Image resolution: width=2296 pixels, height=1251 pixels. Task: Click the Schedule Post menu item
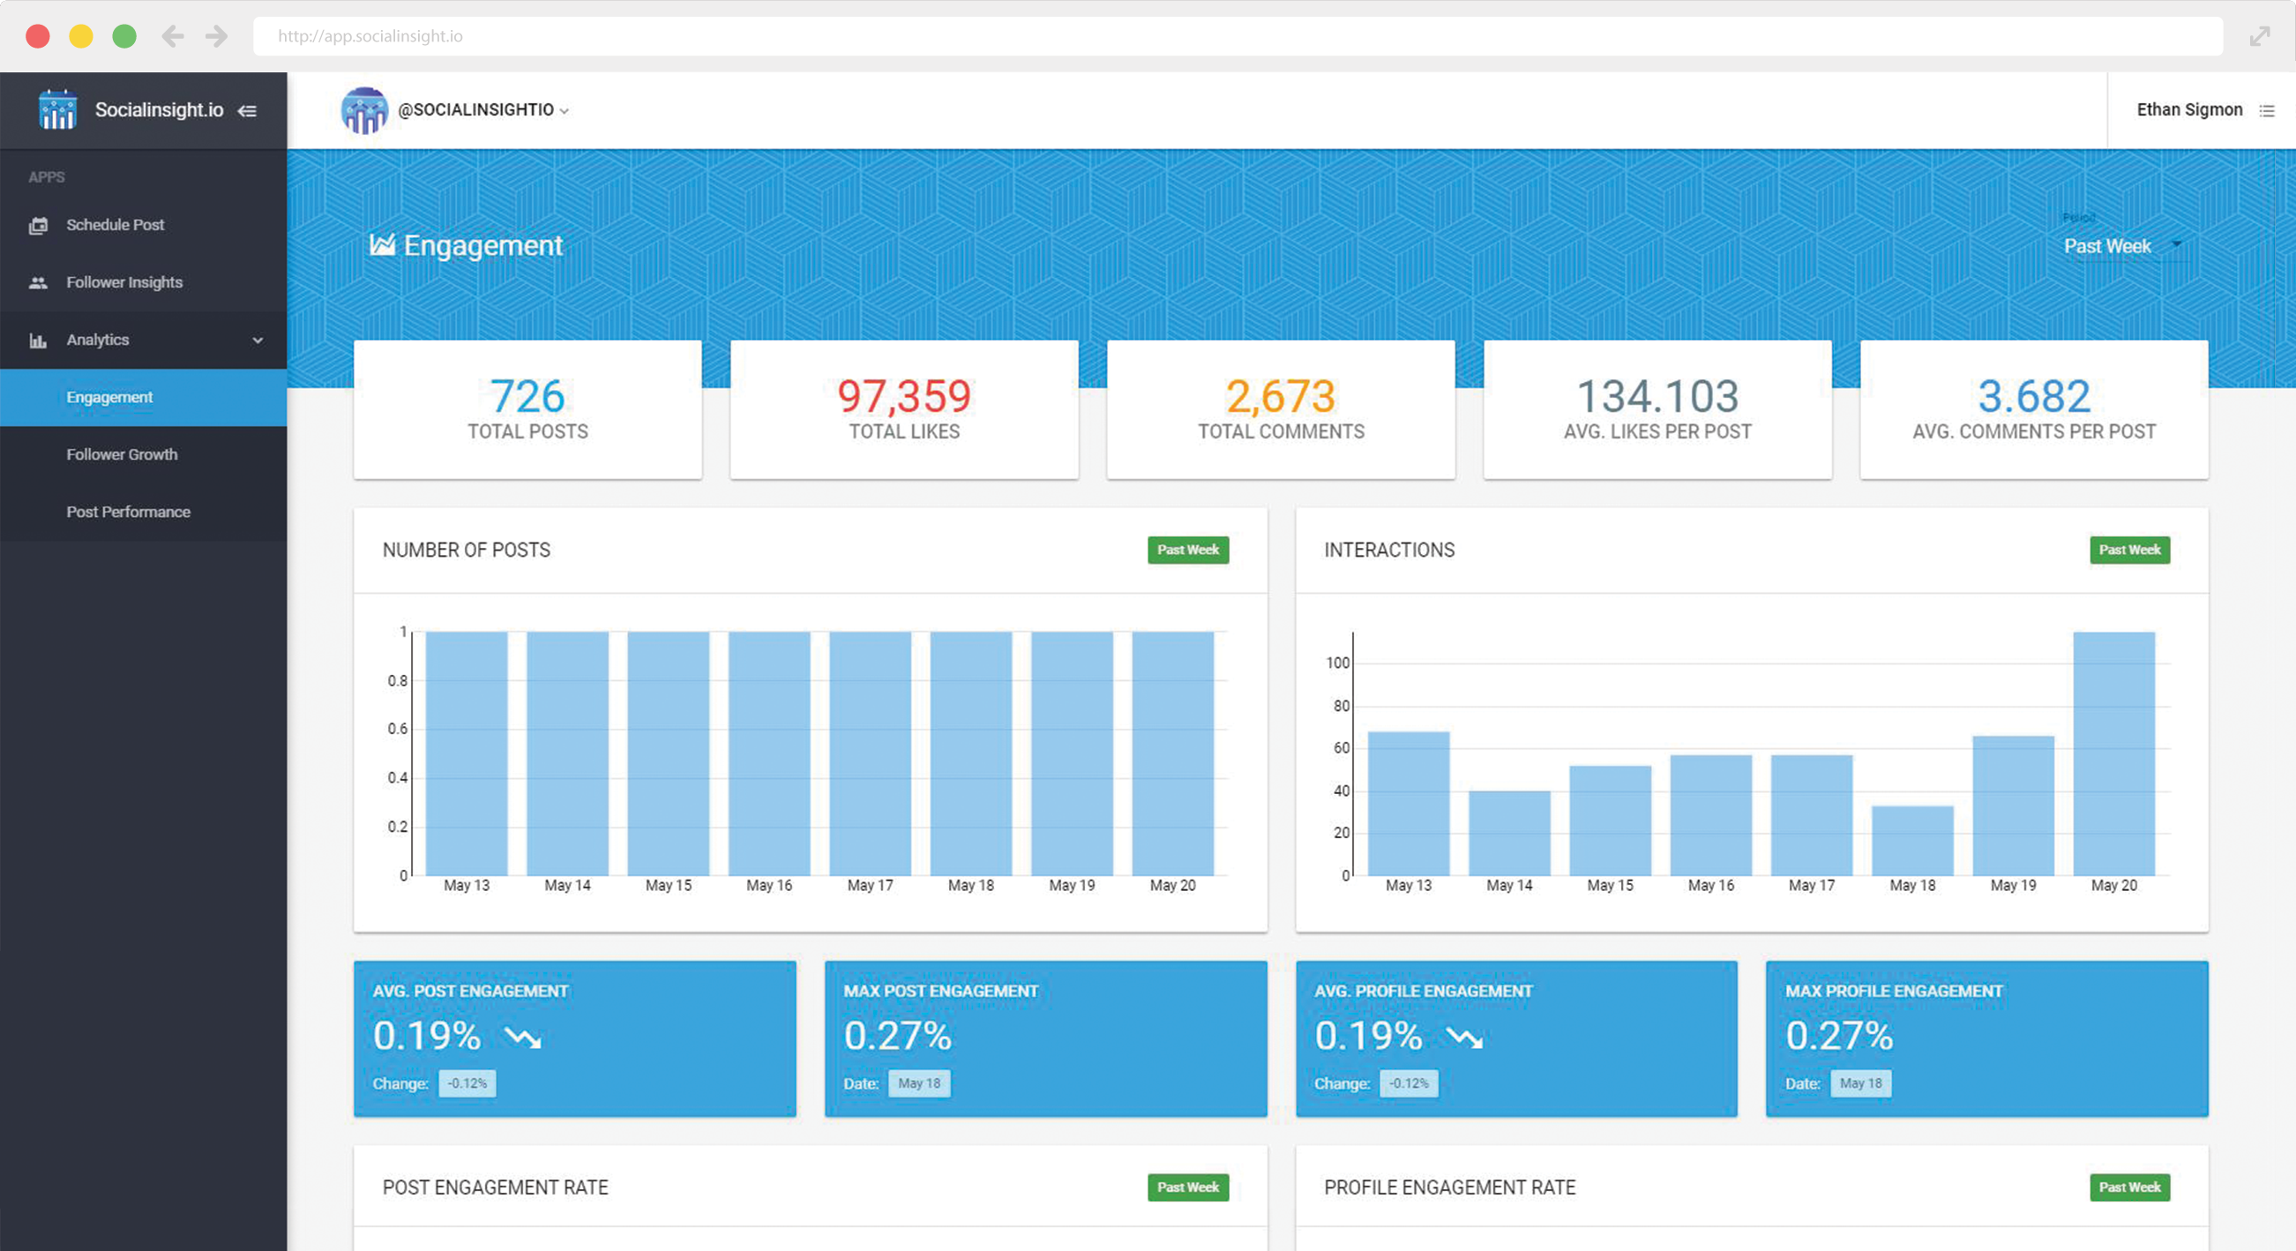click(114, 225)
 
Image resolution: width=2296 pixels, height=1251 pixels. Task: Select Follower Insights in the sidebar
click(123, 281)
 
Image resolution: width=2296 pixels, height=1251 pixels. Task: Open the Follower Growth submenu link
click(121, 453)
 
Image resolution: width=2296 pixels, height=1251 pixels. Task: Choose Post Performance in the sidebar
click(127, 512)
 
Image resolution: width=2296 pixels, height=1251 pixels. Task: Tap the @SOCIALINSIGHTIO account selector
click(482, 109)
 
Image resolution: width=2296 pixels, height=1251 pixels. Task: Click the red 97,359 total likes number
click(903, 397)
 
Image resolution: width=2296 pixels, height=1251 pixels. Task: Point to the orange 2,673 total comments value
click(1280, 397)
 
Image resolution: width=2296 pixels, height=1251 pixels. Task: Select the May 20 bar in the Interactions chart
click(2113, 753)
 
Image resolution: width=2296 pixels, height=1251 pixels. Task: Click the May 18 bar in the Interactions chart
click(1911, 840)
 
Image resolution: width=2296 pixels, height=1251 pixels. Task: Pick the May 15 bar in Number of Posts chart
click(668, 753)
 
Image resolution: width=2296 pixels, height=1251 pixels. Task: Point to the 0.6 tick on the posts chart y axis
click(398, 729)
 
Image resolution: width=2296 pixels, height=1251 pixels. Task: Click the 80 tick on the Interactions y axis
click(1341, 705)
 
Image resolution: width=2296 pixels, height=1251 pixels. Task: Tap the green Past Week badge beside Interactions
click(2128, 550)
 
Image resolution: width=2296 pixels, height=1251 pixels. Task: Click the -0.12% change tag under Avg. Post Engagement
click(467, 1083)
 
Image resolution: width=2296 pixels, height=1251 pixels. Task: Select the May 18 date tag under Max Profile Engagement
click(1861, 1083)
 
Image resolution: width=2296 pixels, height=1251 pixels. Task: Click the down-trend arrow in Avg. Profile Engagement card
click(1463, 1037)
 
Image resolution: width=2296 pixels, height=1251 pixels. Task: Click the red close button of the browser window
click(37, 35)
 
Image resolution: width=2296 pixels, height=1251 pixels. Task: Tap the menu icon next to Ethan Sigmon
click(2267, 110)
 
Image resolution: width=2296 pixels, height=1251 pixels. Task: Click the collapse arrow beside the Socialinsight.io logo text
click(247, 110)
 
